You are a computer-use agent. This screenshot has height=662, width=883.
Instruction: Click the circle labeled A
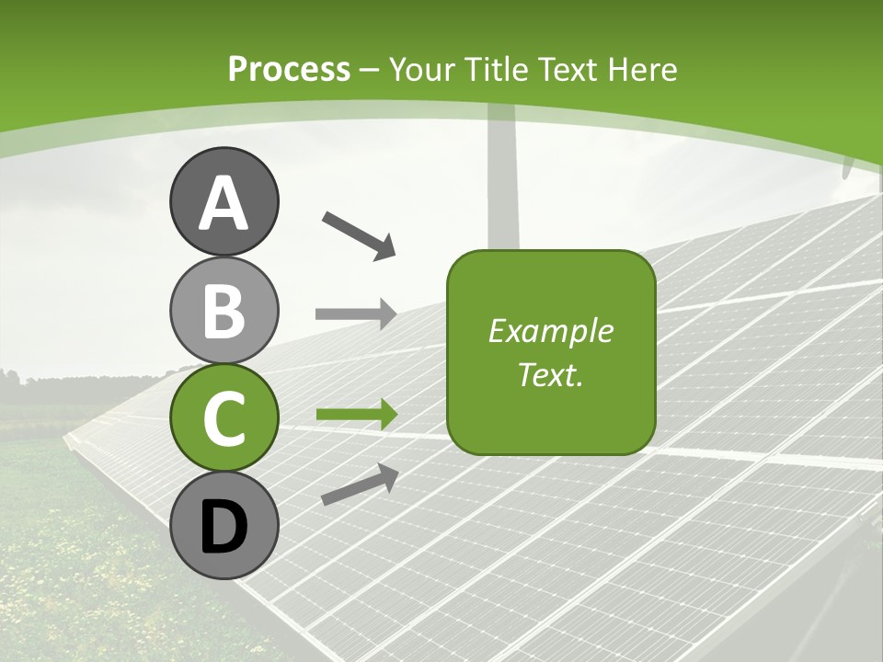224,201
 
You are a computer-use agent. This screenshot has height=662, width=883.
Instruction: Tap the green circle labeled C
224,417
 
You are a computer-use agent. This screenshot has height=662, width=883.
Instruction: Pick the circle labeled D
224,525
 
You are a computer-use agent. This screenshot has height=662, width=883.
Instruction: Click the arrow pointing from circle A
359,234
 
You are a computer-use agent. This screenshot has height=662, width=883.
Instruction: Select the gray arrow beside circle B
355,314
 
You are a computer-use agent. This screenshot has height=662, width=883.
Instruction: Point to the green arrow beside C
356,415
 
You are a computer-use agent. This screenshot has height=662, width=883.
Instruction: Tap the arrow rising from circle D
360,485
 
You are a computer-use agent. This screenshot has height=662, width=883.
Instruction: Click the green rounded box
550,352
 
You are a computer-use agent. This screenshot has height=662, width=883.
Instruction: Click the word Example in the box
550,331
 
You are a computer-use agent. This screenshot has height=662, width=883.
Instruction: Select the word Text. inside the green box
550,375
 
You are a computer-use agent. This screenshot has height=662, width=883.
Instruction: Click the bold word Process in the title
289,69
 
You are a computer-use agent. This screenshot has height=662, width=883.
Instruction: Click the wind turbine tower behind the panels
502,184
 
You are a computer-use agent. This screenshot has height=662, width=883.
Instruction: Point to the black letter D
224,527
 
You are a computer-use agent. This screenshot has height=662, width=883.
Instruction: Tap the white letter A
224,202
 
